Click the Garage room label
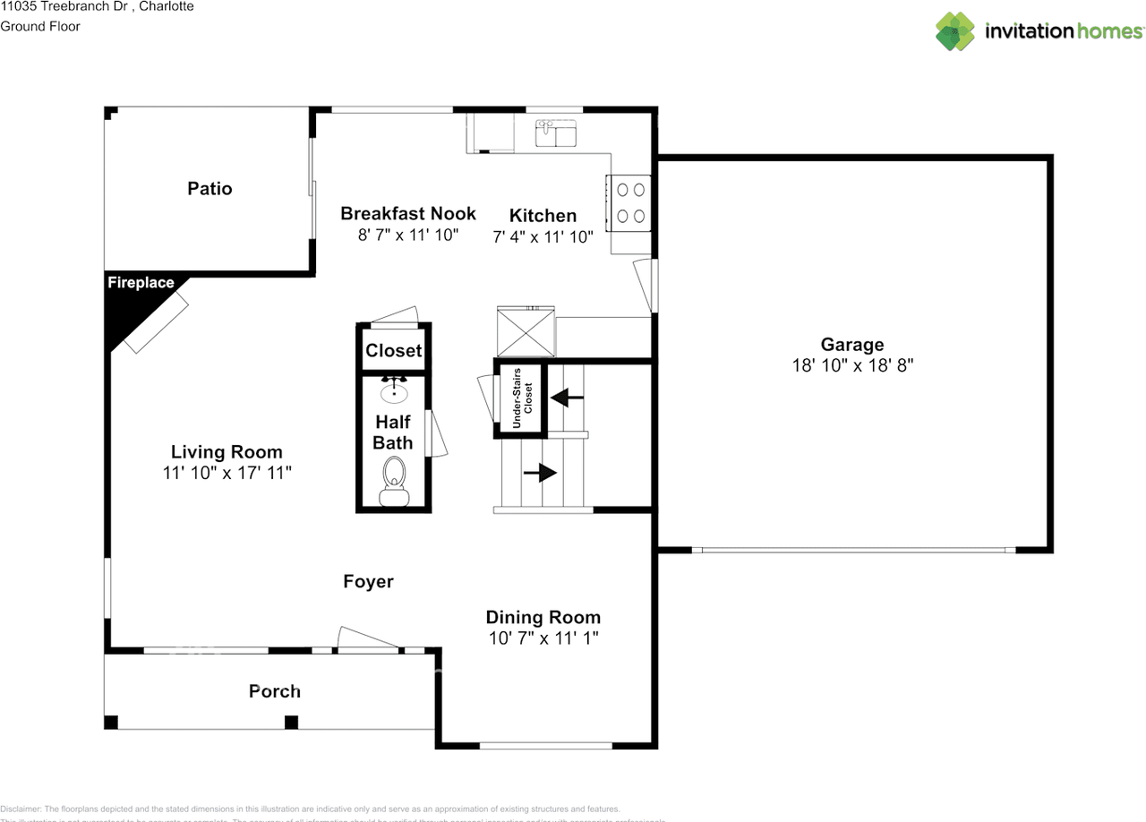pyautogui.click(x=851, y=345)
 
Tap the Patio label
pyautogui.click(x=210, y=188)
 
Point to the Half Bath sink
pyautogui.click(x=394, y=390)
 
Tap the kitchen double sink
pyautogui.click(x=558, y=134)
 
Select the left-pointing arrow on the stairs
pyautogui.click(x=567, y=396)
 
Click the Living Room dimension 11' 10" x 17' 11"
pyautogui.click(x=227, y=473)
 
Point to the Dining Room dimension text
pyautogui.click(x=543, y=638)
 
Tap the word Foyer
pyautogui.click(x=368, y=582)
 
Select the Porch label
pyautogui.click(x=274, y=691)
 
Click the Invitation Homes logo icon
pyautogui.click(x=955, y=31)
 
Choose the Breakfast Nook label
pyautogui.click(x=407, y=213)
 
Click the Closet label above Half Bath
pyautogui.click(x=393, y=351)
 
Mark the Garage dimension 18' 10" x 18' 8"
pyautogui.click(x=852, y=365)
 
